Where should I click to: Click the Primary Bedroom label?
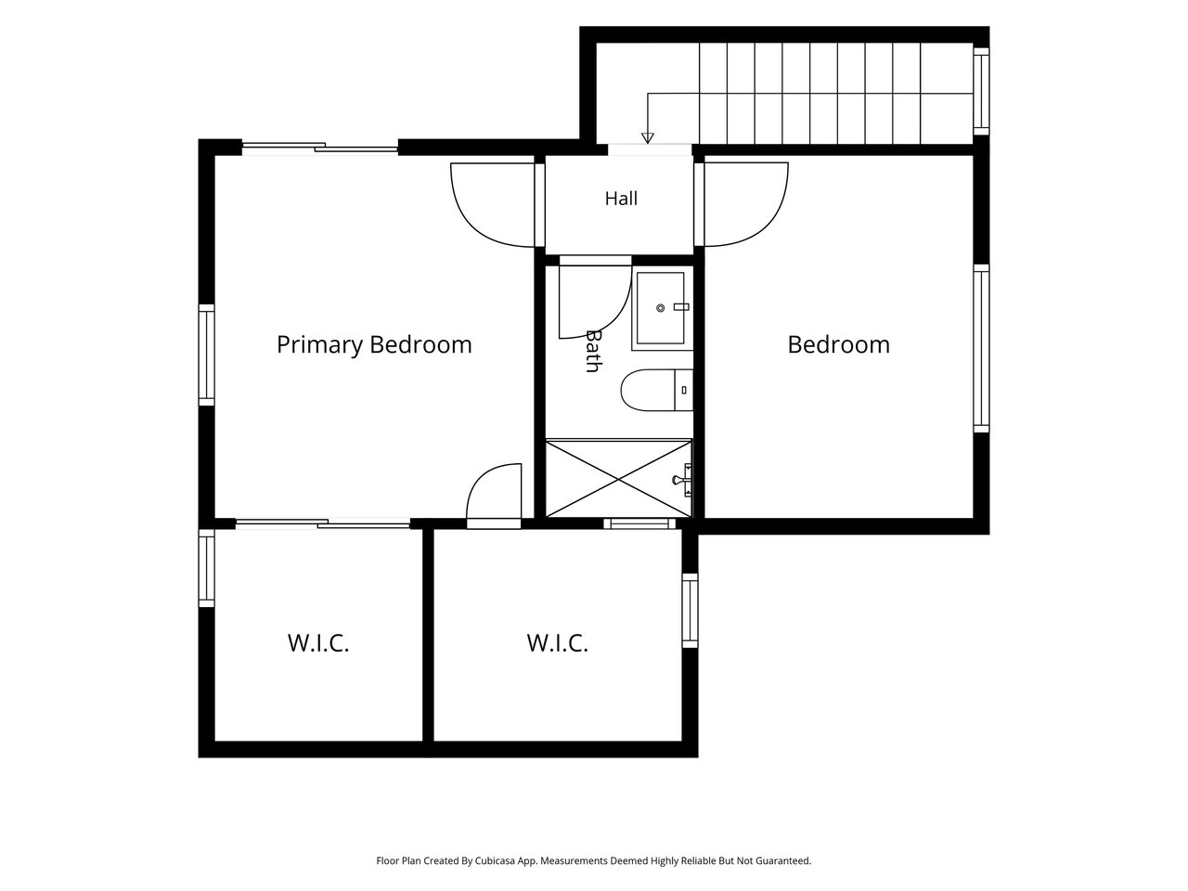374,345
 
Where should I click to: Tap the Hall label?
621,199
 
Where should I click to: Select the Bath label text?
593,351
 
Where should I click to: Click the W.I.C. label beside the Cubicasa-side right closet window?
558,643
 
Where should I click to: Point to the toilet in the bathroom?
657,390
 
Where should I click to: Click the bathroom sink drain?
660,308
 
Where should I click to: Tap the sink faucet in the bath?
681,306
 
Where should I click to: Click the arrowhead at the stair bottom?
647,138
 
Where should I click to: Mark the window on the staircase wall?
981,91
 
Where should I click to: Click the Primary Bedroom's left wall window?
207,355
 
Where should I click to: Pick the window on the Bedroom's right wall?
981,348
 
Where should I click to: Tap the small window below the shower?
639,523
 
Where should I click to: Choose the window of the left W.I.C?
207,568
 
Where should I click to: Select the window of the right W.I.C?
690,610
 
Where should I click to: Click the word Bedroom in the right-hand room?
838,345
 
